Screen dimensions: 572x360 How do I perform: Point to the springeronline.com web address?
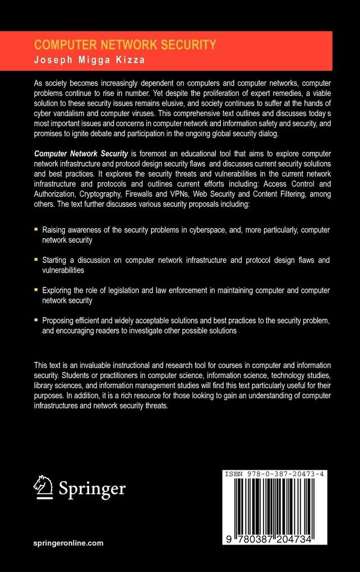pyautogui.click(x=68, y=543)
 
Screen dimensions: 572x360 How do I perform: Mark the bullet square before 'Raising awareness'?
pyautogui.click(x=36, y=229)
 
